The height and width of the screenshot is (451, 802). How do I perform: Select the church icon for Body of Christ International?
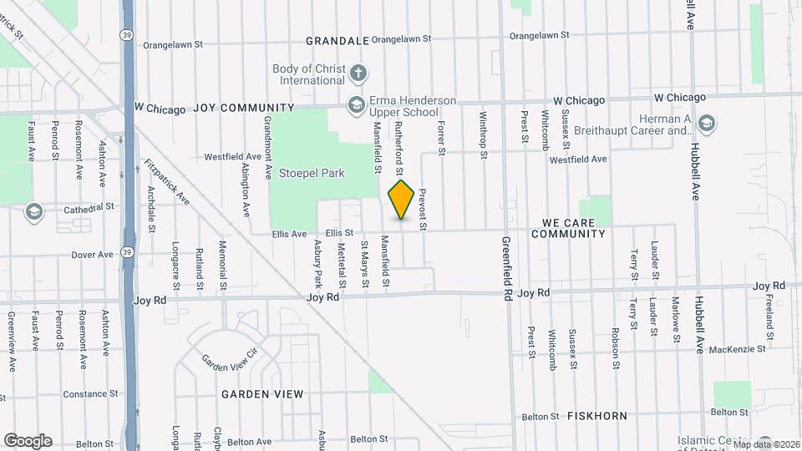pos(358,73)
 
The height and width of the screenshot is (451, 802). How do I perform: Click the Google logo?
pos(28,440)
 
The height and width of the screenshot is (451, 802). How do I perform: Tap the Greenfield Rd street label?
pos(506,266)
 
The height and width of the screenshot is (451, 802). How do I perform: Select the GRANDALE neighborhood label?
pos(337,40)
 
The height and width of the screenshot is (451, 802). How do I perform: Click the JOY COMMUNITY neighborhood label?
pos(244,108)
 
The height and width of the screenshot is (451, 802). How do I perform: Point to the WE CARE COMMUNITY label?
pos(573,228)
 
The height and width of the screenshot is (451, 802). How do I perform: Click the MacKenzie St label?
pos(738,348)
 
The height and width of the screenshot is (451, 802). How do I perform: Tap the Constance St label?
pos(90,393)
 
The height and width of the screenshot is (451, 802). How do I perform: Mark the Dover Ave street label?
pos(92,254)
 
